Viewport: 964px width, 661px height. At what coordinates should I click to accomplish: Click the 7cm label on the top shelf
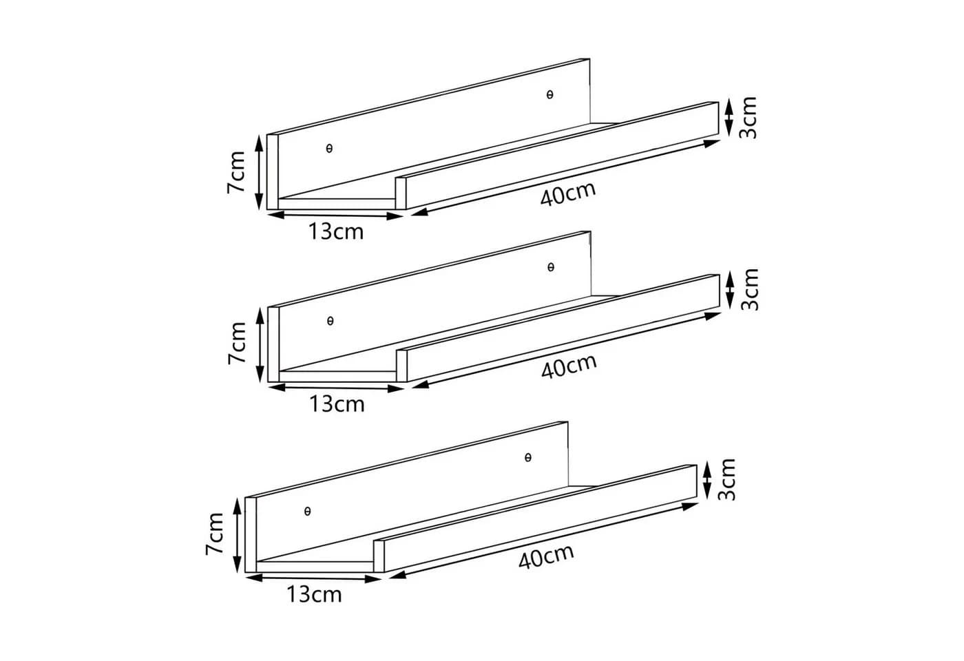pos(236,172)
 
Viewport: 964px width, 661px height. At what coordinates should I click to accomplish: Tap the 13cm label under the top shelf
pos(336,231)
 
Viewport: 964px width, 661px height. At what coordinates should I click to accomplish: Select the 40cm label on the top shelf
pos(568,194)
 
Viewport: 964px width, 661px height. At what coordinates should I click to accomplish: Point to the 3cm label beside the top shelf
pos(748,118)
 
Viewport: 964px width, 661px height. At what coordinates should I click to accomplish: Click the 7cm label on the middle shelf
pos(237,344)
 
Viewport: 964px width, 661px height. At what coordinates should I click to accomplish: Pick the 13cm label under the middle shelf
pos(337,404)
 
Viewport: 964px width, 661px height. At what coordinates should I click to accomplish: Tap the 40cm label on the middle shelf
pos(569,366)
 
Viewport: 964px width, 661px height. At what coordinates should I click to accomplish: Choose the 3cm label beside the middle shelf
pos(749,289)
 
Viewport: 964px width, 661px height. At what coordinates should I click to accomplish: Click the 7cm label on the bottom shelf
pos(214,534)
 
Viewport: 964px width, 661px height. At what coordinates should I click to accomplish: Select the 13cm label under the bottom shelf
pos(314,594)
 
